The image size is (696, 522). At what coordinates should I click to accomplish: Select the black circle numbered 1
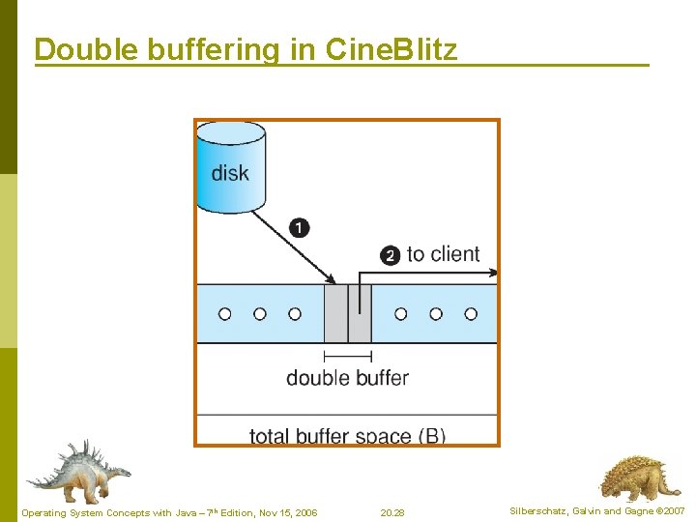pyautogui.click(x=300, y=228)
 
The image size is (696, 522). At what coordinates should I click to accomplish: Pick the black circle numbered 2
pyautogui.click(x=390, y=256)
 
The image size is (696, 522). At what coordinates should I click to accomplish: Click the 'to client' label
pyautogui.click(x=443, y=254)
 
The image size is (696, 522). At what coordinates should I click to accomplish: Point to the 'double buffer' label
pyautogui.click(x=347, y=378)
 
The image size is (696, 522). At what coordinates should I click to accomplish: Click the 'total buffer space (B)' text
pyautogui.click(x=347, y=435)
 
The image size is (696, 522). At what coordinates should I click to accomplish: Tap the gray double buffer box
pyautogui.click(x=347, y=312)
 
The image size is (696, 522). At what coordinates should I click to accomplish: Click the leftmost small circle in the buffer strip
pyautogui.click(x=224, y=313)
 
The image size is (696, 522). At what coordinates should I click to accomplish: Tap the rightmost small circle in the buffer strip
pyautogui.click(x=471, y=313)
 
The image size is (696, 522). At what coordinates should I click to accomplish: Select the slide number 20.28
pyautogui.click(x=392, y=512)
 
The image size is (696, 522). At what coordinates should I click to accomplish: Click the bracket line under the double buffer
pyautogui.click(x=347, y=358)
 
